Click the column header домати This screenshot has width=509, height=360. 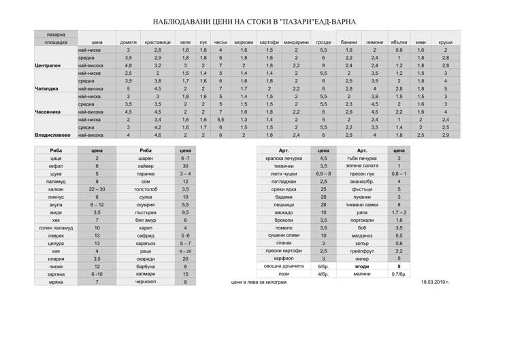[128, 42]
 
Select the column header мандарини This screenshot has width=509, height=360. [296, 42]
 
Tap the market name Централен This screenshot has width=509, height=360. [48, 65]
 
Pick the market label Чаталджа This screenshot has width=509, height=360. [47, 89]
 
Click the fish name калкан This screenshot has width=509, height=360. [56, 189]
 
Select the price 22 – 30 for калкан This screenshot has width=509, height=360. [97, 189]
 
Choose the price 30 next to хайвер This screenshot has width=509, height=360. [185, 165]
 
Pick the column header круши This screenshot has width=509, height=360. [446, 42]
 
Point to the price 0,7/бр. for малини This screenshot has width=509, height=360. [399, 274]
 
